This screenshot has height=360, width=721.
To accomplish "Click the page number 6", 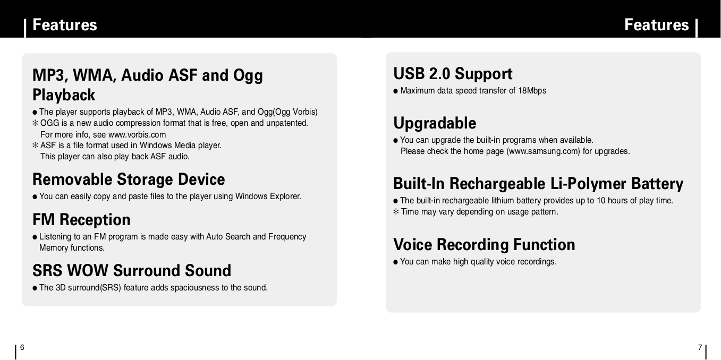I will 22,347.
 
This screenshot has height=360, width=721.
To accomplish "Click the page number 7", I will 700,347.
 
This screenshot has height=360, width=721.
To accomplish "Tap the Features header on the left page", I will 65,25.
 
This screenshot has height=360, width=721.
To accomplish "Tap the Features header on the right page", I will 656,25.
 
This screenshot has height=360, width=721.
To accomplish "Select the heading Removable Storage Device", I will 129,179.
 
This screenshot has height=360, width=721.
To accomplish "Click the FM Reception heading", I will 81,220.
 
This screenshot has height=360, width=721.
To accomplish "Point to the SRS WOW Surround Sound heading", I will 132,271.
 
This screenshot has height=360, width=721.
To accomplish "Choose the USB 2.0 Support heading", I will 453,74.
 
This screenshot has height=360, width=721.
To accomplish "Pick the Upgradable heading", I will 435,123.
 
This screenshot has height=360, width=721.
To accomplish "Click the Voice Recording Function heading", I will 484,245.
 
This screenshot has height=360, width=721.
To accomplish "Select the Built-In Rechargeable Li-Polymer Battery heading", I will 538,184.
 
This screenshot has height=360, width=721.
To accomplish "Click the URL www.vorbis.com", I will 137,134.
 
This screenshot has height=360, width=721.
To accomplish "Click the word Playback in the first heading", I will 64,96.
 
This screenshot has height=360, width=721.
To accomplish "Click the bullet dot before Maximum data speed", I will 396,91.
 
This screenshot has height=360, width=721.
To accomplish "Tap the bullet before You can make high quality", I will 396,262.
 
